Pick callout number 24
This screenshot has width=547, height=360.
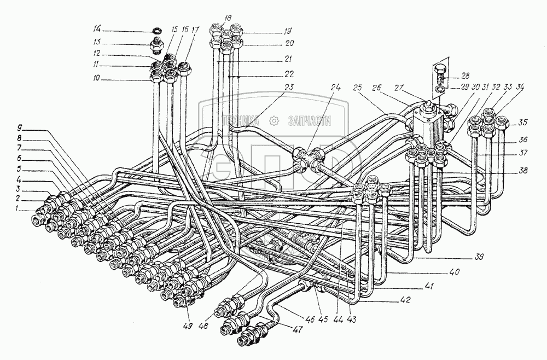[335, 86]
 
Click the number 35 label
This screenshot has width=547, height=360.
[522, 122]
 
